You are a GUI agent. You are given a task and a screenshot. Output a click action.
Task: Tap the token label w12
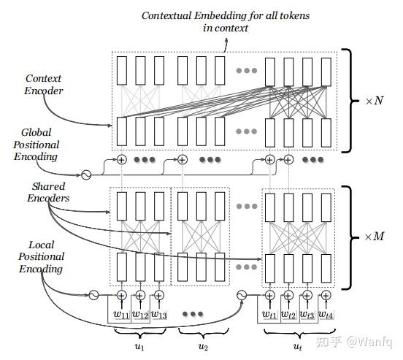[x=140, y=315]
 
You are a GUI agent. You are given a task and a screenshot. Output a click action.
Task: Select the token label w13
[x=159, y=315]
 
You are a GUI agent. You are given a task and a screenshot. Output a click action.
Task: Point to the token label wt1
[x=270, y=315]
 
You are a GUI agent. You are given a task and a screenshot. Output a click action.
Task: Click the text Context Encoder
[x=44, y=84]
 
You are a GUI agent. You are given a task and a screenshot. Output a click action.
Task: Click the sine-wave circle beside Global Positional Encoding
[x=85, y=175]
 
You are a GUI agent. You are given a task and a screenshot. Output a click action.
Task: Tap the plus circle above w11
[x=121, y=295]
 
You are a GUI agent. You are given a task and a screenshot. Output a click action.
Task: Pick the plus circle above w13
[x=159, y=295]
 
